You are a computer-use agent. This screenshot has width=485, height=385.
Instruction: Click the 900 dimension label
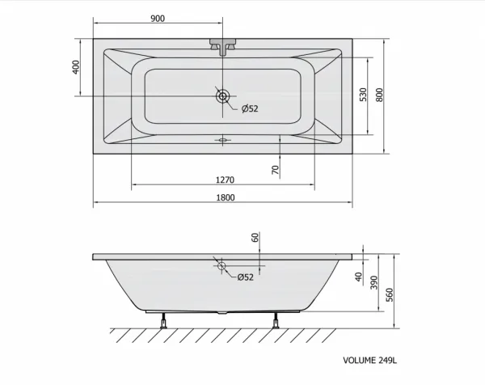[158, 19]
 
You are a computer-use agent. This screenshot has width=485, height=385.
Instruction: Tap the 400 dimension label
[76, 67]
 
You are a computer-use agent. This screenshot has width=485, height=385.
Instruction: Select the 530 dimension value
[363, 95]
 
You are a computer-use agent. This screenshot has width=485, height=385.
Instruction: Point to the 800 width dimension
[379, 95]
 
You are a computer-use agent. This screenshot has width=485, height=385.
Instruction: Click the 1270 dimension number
[225, 180]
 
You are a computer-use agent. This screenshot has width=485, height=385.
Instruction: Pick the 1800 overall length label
[226, 197]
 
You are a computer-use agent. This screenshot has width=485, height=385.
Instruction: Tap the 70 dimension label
[276, 170]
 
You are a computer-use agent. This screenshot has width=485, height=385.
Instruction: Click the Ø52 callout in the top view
[250, 108]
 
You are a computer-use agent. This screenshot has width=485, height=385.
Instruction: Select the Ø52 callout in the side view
[245, 277]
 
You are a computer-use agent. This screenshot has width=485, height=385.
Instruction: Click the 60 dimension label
[255, 237]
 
